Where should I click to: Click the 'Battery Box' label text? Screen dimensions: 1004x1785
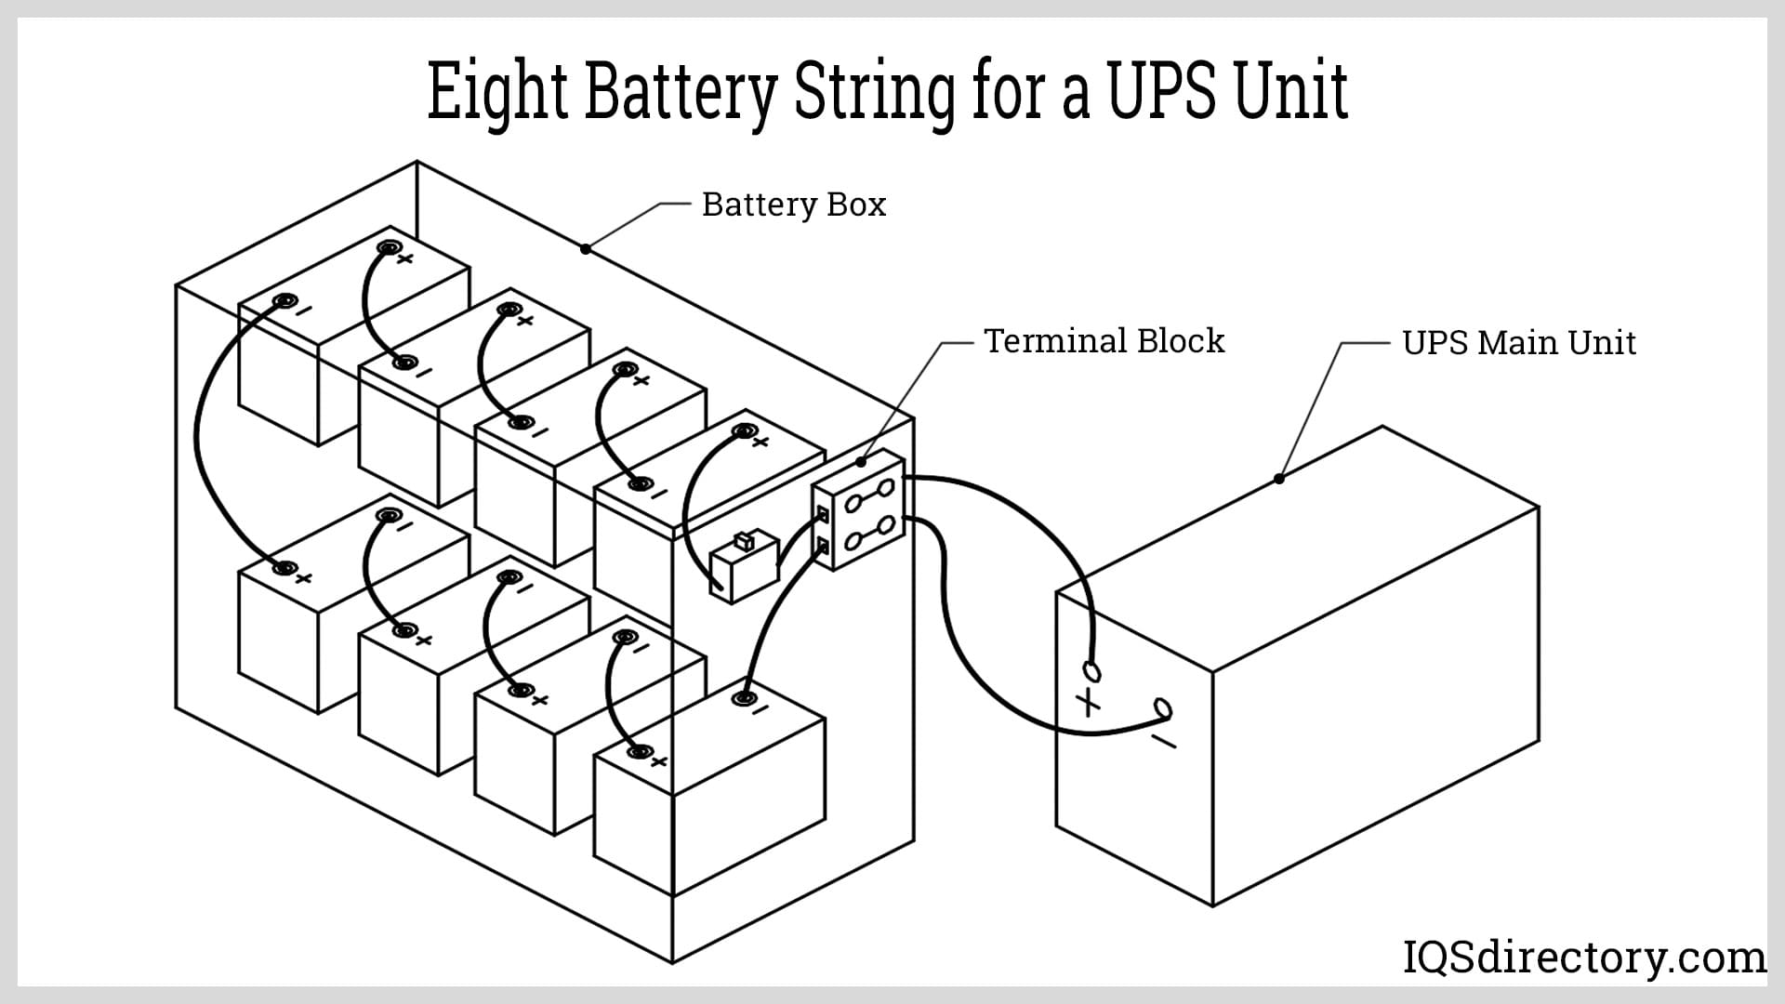click(x=793, y=205)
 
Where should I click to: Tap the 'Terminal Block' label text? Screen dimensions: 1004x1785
click(x=1104, y=341)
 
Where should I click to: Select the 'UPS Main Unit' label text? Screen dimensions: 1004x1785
click(x=1518, y=343)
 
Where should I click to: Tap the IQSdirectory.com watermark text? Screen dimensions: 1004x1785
click(x=1583, y=958)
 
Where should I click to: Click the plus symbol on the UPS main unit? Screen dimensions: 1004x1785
click(x=1088, y=702)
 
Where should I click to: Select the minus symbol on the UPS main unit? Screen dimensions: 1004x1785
click(x=1163, y=741)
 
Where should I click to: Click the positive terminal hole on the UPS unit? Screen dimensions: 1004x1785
click(x=1091, y=670)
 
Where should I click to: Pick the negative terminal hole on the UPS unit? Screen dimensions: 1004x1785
click(x=1162, y=710)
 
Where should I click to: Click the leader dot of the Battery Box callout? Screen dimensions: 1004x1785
click(x=586, y=248)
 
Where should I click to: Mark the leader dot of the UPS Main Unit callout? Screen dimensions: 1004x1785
click(x=1279, y=479)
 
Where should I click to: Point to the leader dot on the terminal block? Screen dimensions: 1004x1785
click(x=861, y=461)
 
